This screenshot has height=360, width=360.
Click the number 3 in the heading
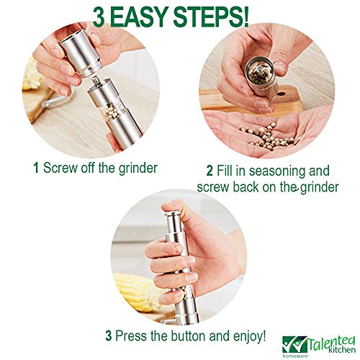tap(99, 17)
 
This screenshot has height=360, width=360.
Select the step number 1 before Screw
tap(36, 168)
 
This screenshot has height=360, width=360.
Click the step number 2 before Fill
tap(210, 171)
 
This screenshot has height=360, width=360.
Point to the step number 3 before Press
tap(109, 336)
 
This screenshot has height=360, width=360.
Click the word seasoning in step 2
tap(276, 171)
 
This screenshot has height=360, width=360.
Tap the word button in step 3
tap(189, 336)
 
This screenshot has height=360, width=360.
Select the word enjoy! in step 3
tap(249, 336)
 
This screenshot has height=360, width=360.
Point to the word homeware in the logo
tap(295, 356)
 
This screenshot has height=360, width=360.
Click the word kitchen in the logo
tap(342, 349)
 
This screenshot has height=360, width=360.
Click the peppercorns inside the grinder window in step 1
tap(112, 111)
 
